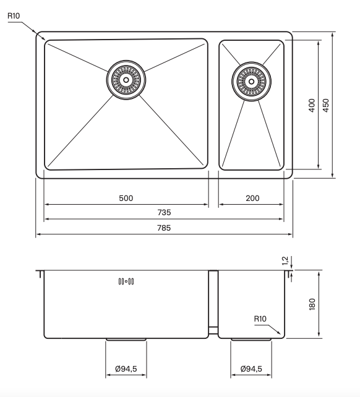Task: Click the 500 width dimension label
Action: pos(126,198)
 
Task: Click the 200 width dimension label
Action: pos(252,198)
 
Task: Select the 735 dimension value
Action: pos(164,213)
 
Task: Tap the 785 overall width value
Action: pos(164,228)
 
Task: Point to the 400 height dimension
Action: pos(312,105)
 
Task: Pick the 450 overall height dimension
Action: pos(327,105)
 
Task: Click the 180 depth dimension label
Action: pos(312,304)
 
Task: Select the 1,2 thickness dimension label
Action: pos(285,261)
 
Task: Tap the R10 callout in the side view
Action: pos(260,318)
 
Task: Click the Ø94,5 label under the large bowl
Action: pos(126,369)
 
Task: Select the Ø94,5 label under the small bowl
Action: pos(251,369)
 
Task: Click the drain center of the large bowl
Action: pos(126,79)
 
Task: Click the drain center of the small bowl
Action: pos(251,80)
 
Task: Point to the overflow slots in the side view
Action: pos(126,282)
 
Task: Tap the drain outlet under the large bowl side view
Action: pos(126,339)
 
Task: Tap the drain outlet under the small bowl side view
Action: pos(251,339)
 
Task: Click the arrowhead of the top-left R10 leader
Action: pos(44,40)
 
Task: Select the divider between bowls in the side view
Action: pos(213,303)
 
